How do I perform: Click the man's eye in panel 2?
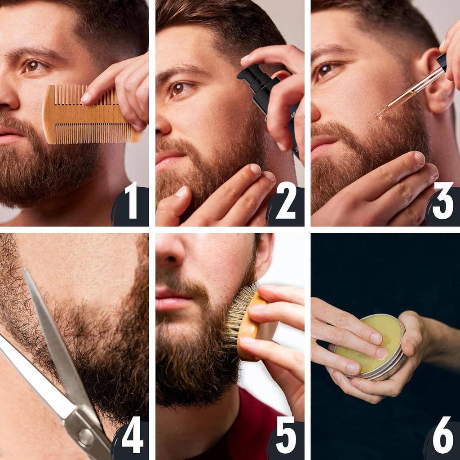178,88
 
